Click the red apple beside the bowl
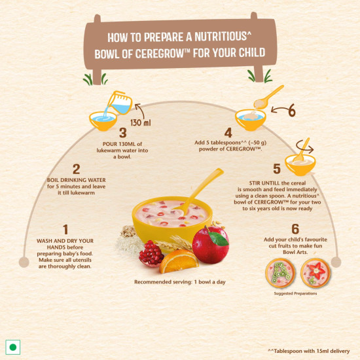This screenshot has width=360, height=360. [211, 245]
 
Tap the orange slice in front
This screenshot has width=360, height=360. [179, 262]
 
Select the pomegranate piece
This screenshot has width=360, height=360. [151, 254]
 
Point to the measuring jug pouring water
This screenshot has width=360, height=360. [120, 103]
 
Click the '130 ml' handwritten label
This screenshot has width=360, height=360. [141, 122]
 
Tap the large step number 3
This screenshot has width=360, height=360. [123, 133]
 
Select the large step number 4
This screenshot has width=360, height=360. [228, 133]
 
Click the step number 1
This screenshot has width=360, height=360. [65, 229]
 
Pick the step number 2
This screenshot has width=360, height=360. [76, 170]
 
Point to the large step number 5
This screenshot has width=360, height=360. [277, 169]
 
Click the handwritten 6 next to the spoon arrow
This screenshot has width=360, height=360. [291, 111]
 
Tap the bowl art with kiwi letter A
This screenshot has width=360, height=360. [280, 273]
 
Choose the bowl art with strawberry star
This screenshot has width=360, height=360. [315, 273]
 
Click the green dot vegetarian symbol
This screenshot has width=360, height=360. [13, 347]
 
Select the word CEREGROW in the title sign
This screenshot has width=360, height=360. [159, 54]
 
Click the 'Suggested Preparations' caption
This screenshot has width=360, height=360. [295, 293]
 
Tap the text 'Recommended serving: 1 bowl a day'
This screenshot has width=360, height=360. [180, 282]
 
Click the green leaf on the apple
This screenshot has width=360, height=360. [218, 238]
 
